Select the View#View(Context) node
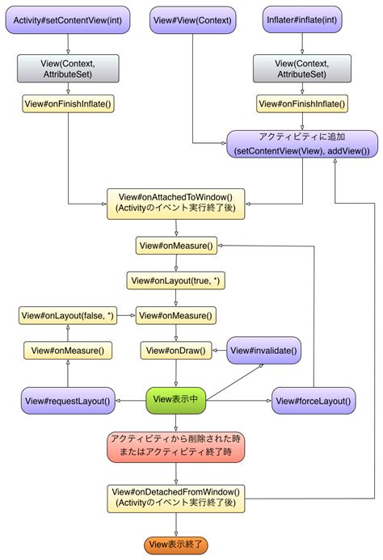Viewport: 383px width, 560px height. click(191, 19)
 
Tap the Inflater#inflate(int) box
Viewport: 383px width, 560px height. click(302, 19)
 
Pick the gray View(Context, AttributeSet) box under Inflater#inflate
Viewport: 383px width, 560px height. click(302, 69)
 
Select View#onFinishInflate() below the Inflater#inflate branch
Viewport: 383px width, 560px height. click(302, 103)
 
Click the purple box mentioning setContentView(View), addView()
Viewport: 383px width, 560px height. click(302, 144)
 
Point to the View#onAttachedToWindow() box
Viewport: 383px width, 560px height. click(175, 202)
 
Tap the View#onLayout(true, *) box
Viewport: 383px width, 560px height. click(175, 280)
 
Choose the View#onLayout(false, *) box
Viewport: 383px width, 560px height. click(67, 315)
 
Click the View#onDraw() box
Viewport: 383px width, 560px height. click(175, 351)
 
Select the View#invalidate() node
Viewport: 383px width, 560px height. click(264, 351)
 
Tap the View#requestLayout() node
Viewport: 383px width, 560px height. click(68, 399)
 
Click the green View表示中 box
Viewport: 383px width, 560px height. click(175, 399)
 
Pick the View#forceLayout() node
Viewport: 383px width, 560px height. click(313, 399)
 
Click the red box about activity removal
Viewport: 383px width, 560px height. click(175, 445)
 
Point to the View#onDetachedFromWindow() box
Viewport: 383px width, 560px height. click(175, 497)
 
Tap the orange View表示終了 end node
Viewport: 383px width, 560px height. click(175, 545)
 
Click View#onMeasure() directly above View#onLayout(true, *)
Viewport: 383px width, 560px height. click(175, 245)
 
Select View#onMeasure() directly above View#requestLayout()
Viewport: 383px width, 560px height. click(68, 351)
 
